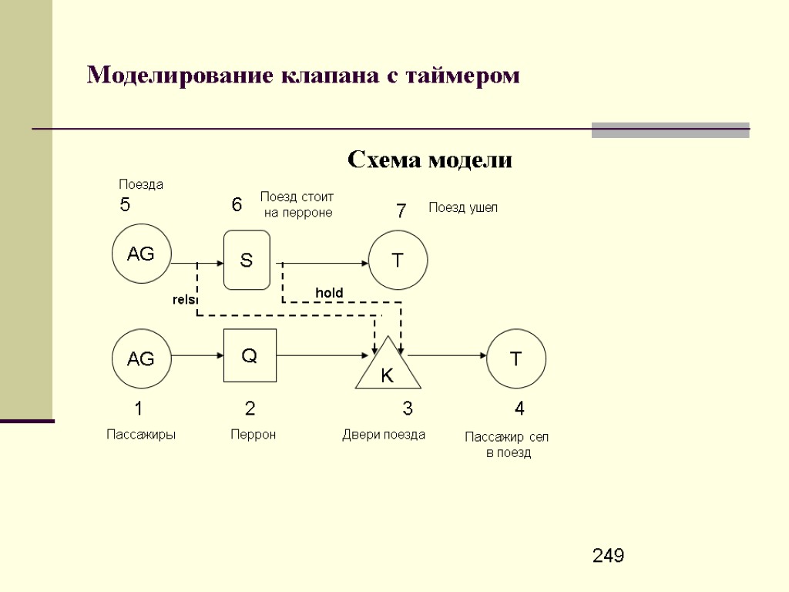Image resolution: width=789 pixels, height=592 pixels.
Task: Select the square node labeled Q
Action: point(250,355)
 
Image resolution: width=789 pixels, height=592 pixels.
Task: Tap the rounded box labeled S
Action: point(247,261)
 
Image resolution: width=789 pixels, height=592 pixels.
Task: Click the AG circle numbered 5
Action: point(141,253)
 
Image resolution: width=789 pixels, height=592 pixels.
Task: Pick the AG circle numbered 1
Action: point(141,358)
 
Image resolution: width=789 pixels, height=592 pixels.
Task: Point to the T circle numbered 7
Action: point(398,260)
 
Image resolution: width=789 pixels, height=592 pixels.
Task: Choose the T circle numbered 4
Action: point(516,358)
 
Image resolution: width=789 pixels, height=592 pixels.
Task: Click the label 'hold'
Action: point(329,293)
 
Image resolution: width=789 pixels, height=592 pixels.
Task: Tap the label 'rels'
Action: point(183,299)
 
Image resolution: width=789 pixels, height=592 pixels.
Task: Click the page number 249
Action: point(608,556)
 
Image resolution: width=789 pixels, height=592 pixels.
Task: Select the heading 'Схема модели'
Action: point(429,160)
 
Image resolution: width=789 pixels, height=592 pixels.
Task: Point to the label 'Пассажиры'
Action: point(141,435)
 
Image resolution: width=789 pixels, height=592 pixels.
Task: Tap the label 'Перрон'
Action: point(253,435)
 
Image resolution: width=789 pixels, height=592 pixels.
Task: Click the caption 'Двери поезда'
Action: point(384,435)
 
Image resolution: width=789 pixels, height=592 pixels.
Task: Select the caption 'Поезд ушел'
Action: point(463,207)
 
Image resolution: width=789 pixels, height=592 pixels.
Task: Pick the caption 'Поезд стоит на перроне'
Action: point(297,204)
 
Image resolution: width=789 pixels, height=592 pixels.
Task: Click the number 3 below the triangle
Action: point(408,408)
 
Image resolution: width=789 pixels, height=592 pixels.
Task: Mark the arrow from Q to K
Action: point(324,355)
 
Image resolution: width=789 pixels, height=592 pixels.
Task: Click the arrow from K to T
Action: point(448,355)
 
